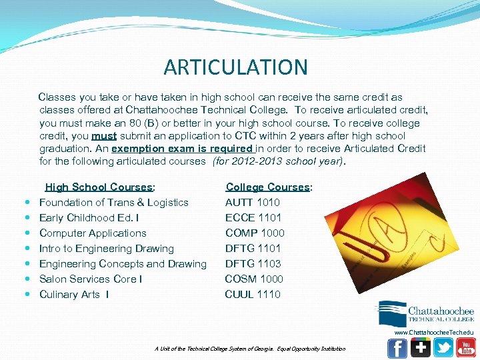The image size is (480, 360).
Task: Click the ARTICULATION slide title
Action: [235, 67]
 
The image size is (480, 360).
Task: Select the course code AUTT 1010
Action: [252, 203]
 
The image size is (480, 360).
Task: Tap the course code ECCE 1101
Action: [253, 218]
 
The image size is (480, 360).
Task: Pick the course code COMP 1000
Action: [255, 233]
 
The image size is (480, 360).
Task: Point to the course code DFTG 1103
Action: [253, 264]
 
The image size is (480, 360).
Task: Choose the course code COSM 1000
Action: [254, 279]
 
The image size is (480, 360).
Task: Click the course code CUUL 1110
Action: [253, 295]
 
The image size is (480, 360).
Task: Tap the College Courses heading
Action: [269, 187]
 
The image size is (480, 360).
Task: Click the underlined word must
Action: [104, 136]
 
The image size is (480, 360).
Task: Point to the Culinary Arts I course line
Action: [74, 295]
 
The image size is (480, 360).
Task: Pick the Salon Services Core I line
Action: [91, 279]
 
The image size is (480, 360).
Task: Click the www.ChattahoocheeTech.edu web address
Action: [434, 332]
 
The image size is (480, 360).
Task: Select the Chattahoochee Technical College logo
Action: [426, 313]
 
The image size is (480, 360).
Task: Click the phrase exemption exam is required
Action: [183, 149]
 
